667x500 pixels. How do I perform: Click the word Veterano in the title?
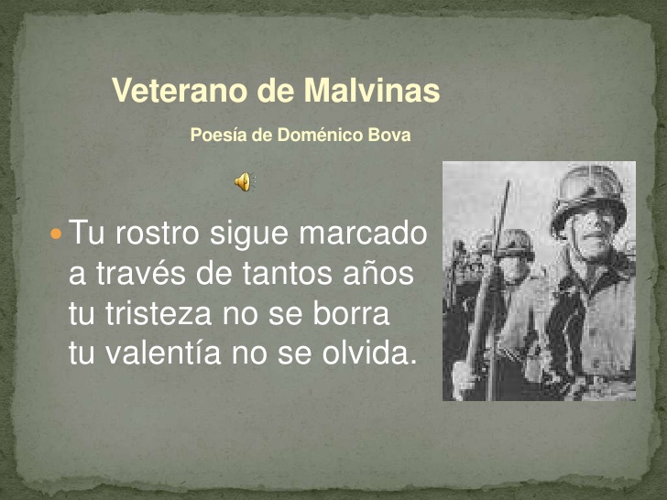[180, 90]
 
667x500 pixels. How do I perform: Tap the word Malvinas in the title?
[371, 90]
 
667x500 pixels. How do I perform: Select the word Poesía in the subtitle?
[219, 135]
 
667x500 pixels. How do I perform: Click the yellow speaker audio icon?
[245, 181]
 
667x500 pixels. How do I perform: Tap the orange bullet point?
[56, 234]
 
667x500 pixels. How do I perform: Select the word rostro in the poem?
[157, 233]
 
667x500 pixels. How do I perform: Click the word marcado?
[363, 233]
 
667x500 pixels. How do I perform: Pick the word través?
[141, 273]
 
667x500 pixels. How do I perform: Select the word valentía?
[163, 353]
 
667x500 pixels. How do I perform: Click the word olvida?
[368, 353]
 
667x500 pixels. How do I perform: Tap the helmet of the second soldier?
[514, 244]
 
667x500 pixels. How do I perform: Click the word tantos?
[287, 273]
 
